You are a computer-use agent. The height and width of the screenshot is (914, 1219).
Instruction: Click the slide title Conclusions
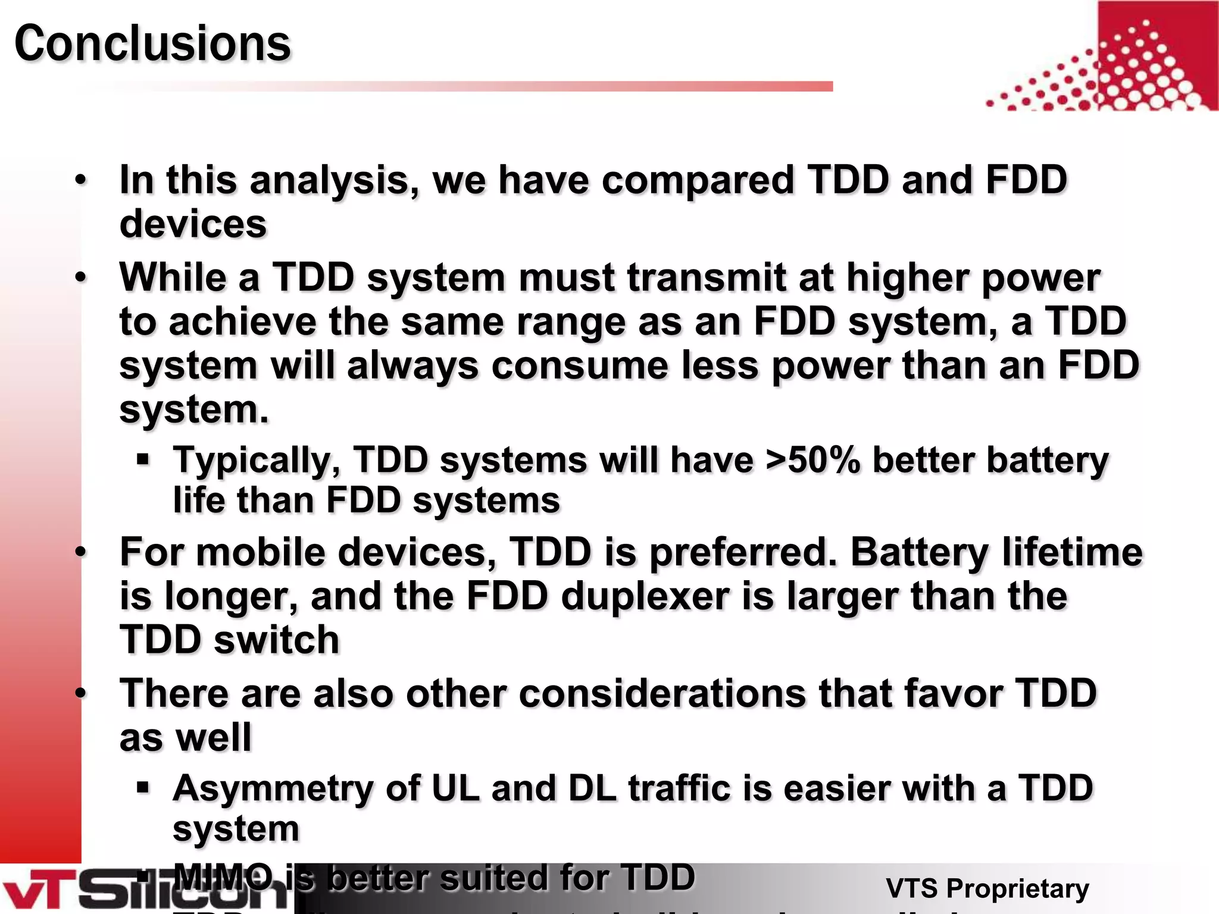(x=152, y=43)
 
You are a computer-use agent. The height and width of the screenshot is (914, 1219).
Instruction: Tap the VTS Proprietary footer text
(x=987, y=888)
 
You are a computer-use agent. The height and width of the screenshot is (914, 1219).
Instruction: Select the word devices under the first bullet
(x=193, y=224)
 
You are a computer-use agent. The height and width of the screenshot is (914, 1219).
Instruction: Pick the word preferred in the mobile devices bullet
(x=742, y=552)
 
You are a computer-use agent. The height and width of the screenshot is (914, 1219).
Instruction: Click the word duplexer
(x=645, y=596)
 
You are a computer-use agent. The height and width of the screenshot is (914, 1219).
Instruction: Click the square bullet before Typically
(x=142, y=459)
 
